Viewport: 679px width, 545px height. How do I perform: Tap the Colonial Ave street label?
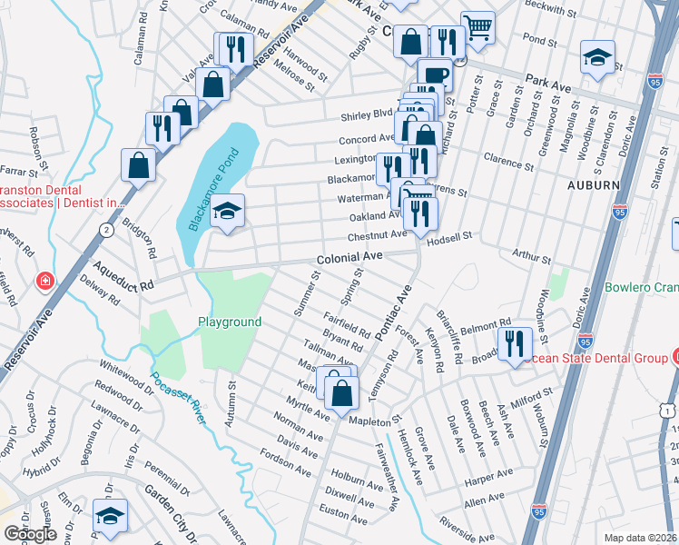[349, 259]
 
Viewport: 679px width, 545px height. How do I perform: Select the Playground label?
[230, 322]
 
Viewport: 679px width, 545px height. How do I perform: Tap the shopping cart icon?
[477, 27]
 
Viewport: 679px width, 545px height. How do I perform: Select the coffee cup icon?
[435, 74]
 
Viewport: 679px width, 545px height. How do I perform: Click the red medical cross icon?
[43, 282]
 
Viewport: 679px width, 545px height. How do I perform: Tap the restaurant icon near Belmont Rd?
[514, 344]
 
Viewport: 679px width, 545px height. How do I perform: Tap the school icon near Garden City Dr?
[110, 516]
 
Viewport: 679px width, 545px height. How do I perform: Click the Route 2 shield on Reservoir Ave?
[107, 230]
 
